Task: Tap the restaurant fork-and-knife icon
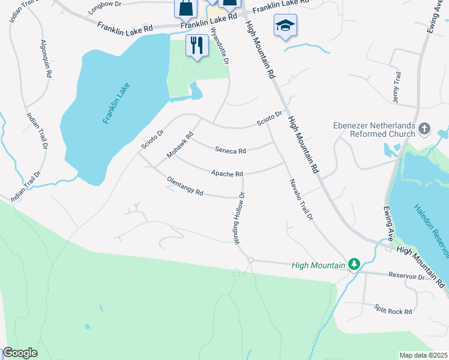point(196,46)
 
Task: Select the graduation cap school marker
point(285,25)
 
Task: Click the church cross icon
point(424,128)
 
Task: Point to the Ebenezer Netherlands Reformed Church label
point(374,130)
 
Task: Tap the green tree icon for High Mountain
point(354,264)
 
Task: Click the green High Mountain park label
point(318,265)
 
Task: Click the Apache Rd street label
point(226,174)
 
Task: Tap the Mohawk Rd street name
point(179,146)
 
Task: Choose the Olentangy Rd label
point(185,187)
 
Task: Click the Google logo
point(20,353)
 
